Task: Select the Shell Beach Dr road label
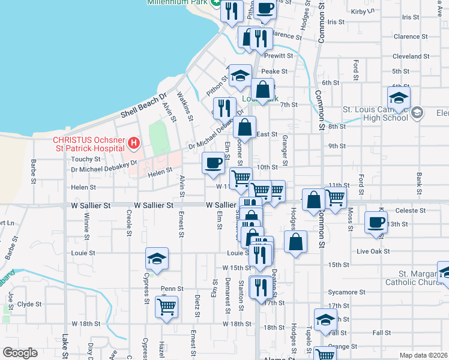[x=143, y=106]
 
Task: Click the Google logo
[x=19, y=353]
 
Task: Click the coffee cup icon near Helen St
[x=213, y=163]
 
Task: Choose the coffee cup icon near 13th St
[x=376, y=221]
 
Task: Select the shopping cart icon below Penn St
[x=166, y=307]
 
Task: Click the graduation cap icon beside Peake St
[x=240, y=75]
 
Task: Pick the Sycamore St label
[x=347, y=292]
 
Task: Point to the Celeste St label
[x=411, y=211]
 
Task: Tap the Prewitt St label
[x=281, y=56]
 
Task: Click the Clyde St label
[x=29, y=304]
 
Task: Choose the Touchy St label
[x=85, y=159]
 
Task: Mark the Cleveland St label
[x=408, y=56]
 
